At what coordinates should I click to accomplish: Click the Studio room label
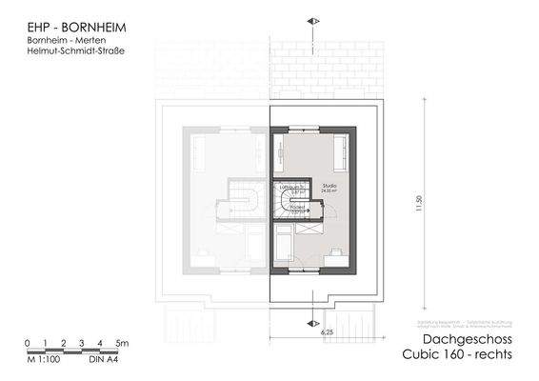click(329, 186)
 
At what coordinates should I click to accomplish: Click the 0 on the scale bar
click(28, 343)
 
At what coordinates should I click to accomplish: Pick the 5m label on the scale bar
click(121, 343)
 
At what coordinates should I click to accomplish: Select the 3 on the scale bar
click(81, 343)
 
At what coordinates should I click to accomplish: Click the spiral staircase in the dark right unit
click(286, 201)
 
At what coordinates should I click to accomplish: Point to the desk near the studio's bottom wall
click(335, 254)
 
